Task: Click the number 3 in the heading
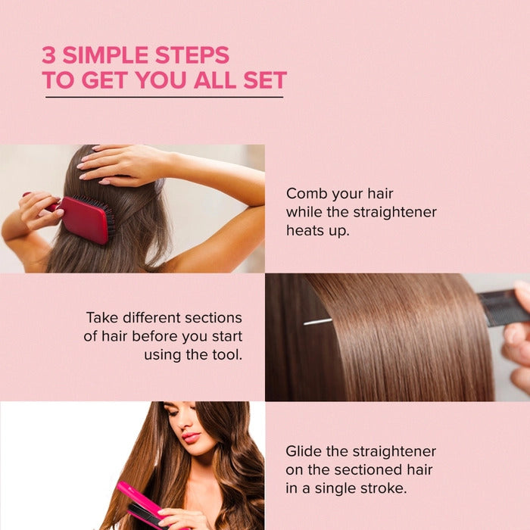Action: tap(49, 55)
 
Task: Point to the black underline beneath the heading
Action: tap(164, 97)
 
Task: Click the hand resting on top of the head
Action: tap(121, 163)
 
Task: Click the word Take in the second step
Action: tap(102, 317)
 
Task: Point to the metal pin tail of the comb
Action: tap(318, 321)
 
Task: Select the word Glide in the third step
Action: tap(304, 451)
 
